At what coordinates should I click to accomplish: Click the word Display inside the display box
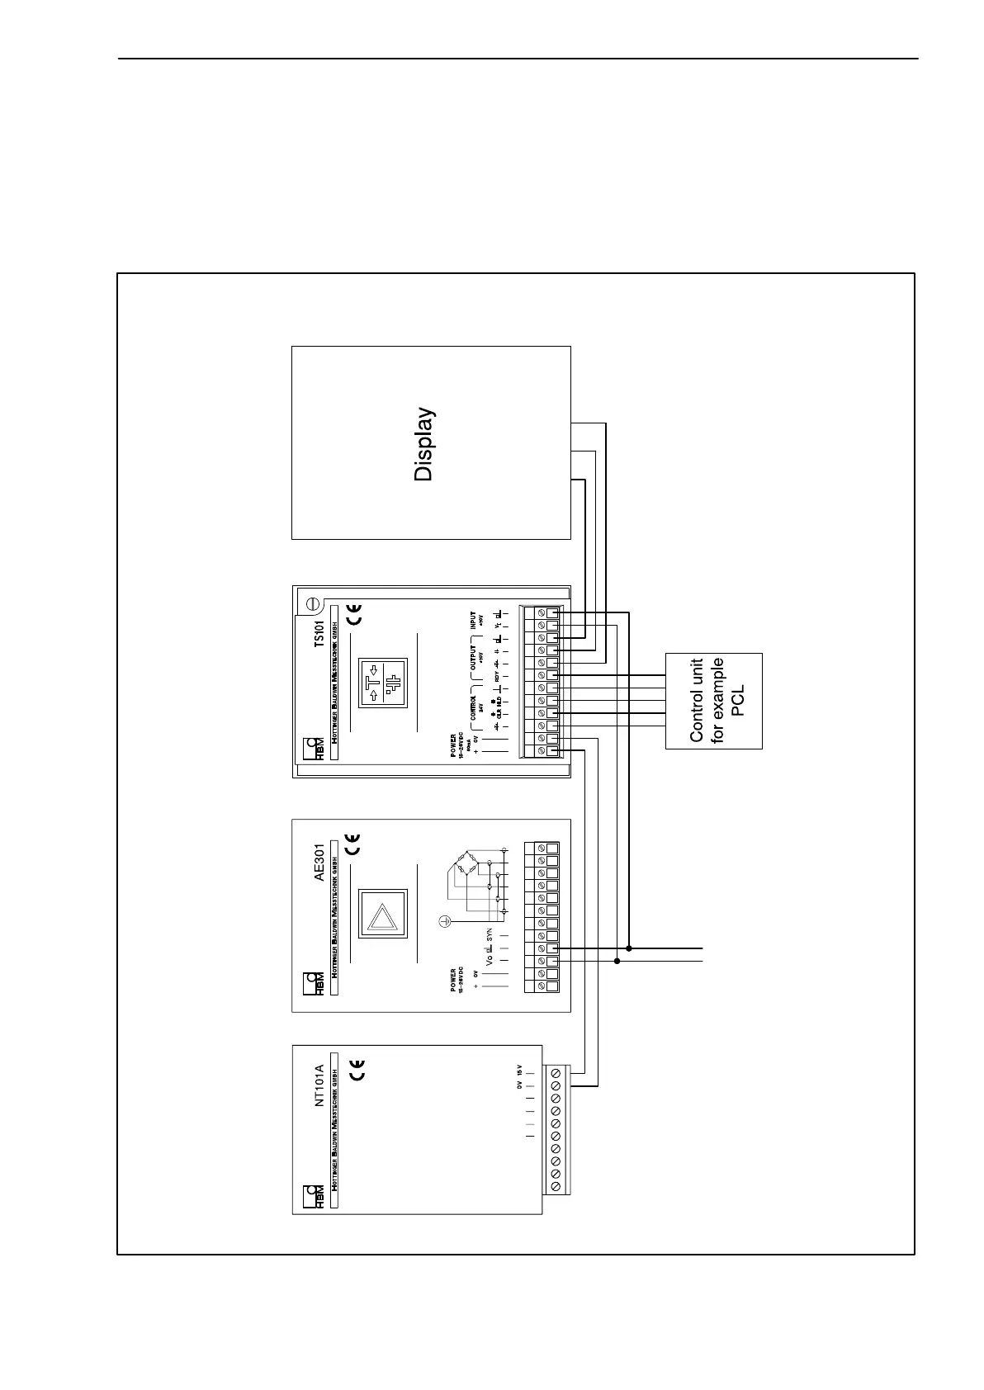(423, 444)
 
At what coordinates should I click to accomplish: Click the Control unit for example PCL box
(713, 701)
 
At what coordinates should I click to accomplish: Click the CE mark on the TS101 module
(353, 613)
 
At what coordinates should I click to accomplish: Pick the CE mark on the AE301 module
(353, 846)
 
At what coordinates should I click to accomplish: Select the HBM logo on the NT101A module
(313, 1197)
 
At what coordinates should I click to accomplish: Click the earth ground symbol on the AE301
(443, 920)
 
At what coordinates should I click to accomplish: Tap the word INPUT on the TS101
(473, 622)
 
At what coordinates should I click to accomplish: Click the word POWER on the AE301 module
(453, 980)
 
